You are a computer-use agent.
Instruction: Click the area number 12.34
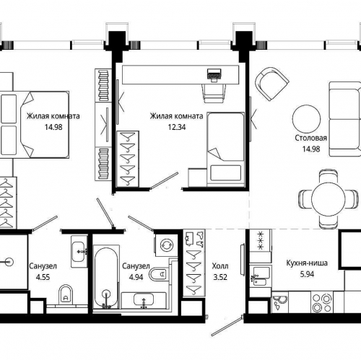click(177, 127)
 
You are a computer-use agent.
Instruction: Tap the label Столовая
click(311, 138)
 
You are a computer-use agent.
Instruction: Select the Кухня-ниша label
click(307, 263)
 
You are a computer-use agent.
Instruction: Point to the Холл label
click(220, 266)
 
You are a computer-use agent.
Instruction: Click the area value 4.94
click(136, 277)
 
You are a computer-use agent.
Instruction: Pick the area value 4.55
click(43, 277)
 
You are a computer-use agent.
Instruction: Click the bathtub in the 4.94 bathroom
click(106, 277)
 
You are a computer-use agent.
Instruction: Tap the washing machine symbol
click(167, 245)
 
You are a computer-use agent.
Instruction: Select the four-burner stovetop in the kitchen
click(322, 302)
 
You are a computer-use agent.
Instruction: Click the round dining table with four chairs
click(329, 199)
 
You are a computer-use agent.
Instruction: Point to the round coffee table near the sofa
click(306, 119)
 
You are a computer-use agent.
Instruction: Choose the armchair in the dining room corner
click(272, 84)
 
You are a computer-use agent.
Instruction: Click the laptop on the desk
click(214, 75)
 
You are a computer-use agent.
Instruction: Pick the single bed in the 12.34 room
click(225, 149)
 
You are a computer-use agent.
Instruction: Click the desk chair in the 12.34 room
click(214, 93)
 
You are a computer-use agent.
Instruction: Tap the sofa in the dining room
click(345, 119)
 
